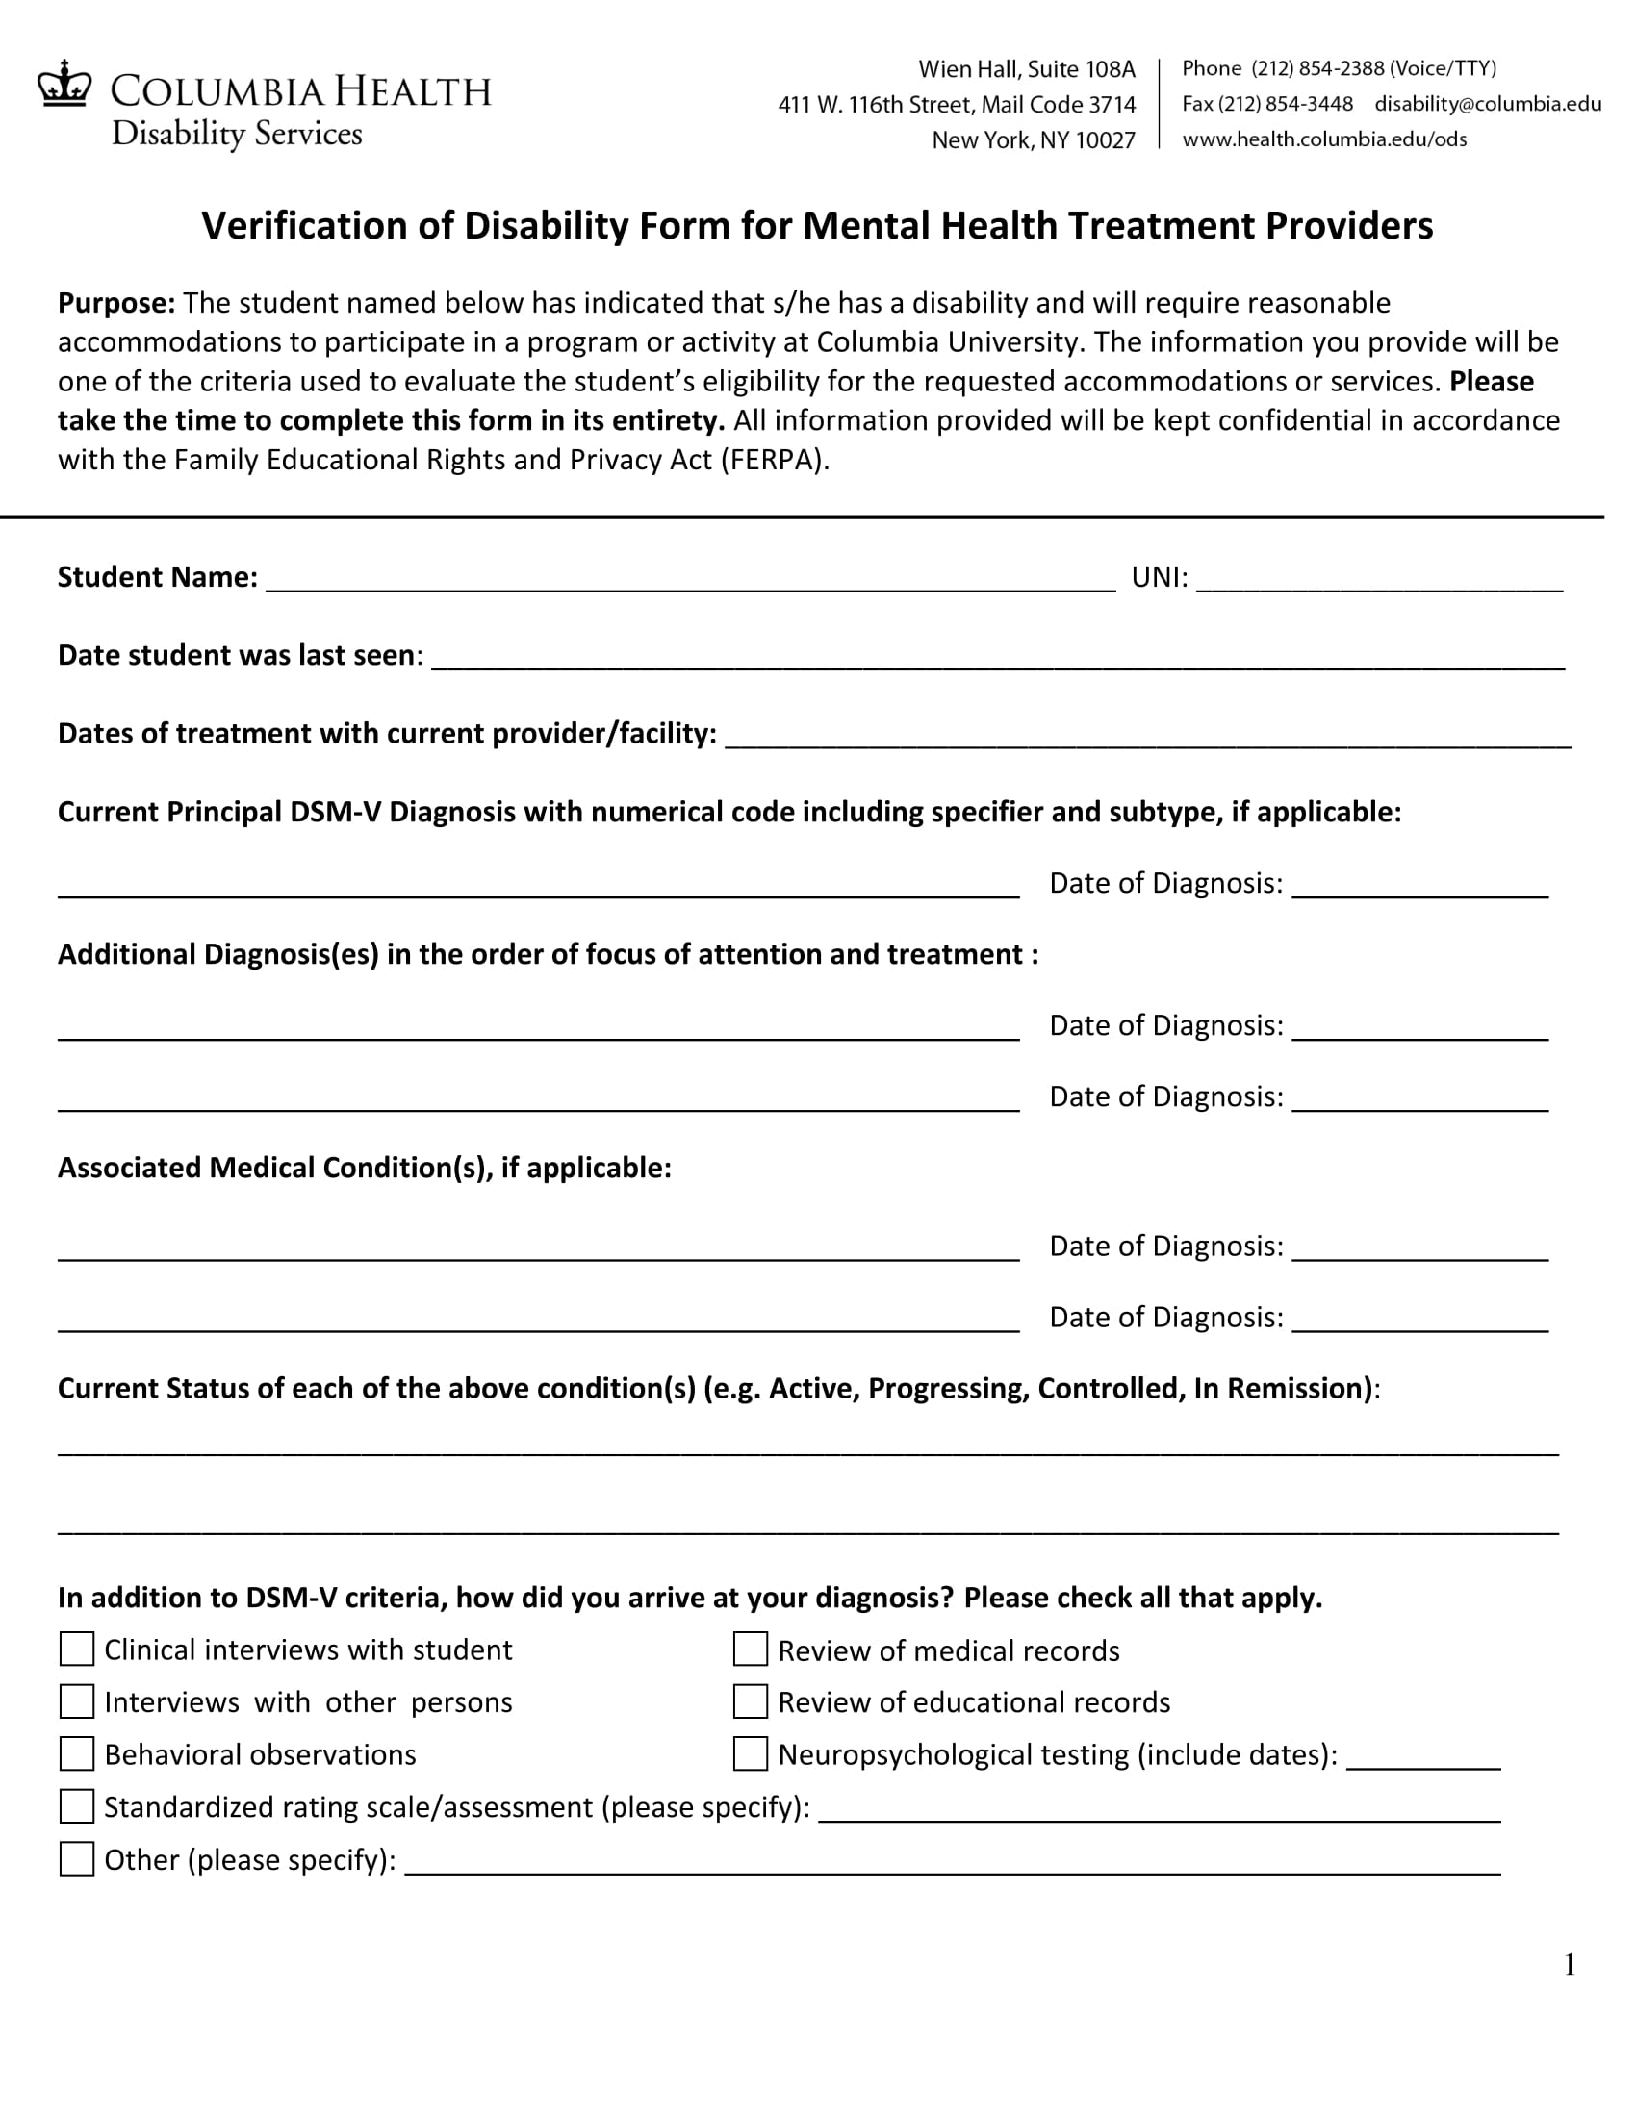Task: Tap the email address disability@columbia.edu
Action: click(1488, 104)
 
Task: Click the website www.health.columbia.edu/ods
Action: click(1324, 139)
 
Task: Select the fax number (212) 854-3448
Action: click(1285, 104)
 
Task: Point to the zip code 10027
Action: click(1105, 140)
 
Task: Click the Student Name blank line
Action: click(690, 579)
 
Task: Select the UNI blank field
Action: click(1378, 579)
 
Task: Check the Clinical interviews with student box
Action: click(77, 1649)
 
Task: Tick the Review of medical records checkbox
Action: click(751, 1649)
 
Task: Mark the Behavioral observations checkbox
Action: click(77, 1753)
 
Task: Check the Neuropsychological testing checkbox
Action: click(751, 1753)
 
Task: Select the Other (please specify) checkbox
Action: click(77, 1859)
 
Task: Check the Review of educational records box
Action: click(751, 1701)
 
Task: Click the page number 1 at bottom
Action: click(1570, 1965)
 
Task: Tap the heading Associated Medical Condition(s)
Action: click(364, 1168)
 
